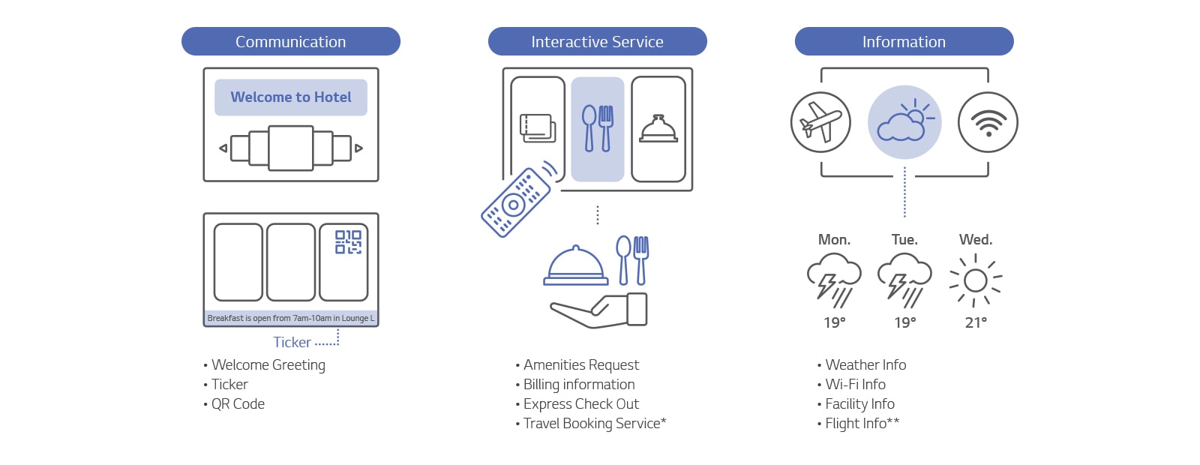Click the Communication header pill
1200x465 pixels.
[x=291, y=41]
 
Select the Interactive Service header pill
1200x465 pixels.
[x=597, y=41]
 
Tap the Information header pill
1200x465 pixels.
[x=904, y=41]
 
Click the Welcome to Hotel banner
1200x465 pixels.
[x=291, y=97]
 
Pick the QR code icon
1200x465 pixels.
[x=348, y=242]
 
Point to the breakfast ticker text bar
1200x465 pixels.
[x=291, y=318]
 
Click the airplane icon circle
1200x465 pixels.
[x=820, y=122]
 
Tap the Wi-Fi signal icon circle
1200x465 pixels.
[x=988, y=122]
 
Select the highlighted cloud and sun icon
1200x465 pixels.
[x=904, y=122]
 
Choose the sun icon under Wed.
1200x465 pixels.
[x=976, y=280]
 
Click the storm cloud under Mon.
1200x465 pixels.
[x=834, y=280]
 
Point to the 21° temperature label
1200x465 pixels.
[x=976, y=322]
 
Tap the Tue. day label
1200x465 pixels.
[x=904, y=239]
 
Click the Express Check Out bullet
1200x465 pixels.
[x=577, y=404]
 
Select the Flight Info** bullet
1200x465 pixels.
[x=859, y=423]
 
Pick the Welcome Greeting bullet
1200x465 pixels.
[x=265, y=364]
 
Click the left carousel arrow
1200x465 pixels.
[x=223, y=148]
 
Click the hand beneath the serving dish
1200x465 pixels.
[x=599, y=310]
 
